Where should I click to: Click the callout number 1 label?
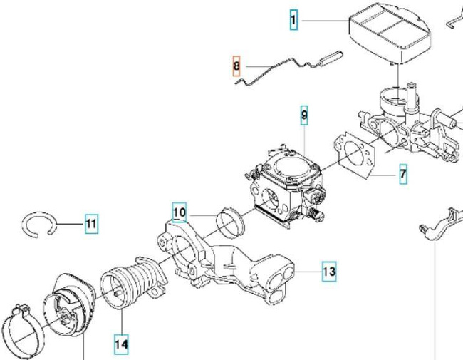coord(293,20)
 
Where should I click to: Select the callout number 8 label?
coord(237,67)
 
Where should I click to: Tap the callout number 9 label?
coord(304,115)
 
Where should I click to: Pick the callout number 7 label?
coord(402,173)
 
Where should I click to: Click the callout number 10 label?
coord(180,212)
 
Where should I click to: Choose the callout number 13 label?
coord(328,272)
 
